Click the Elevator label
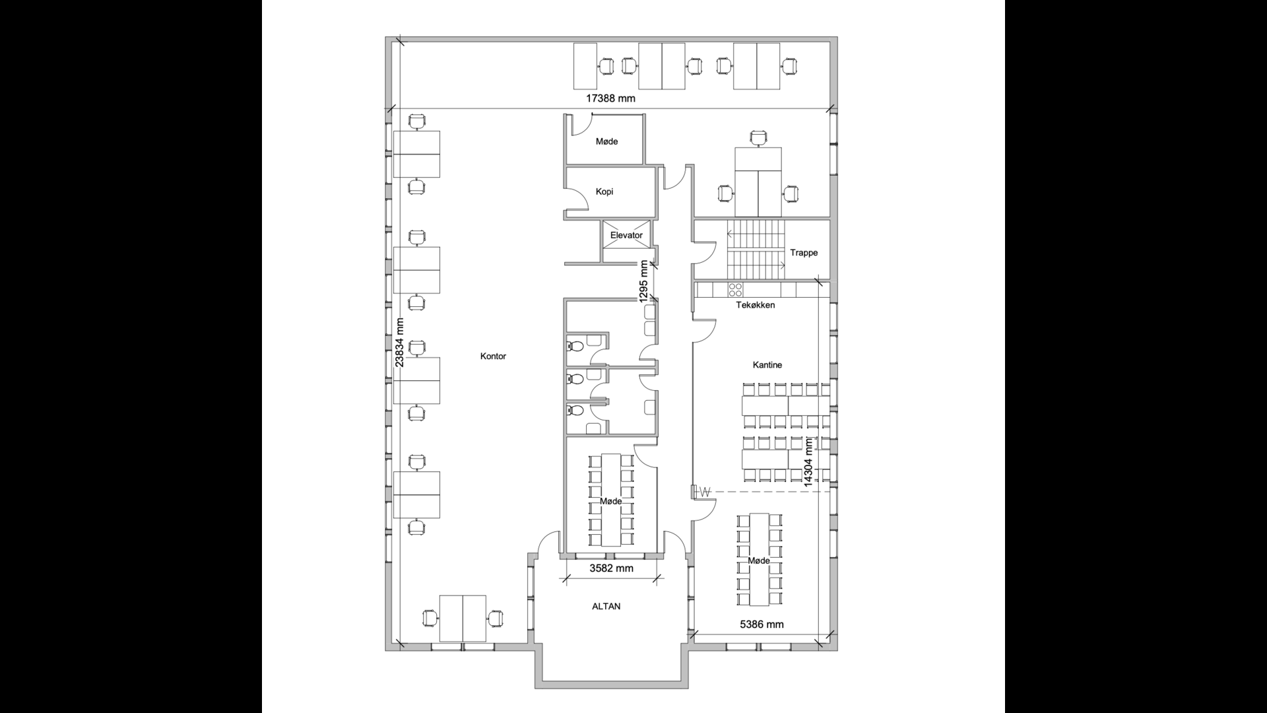[626, 235]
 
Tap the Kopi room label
[604, 191]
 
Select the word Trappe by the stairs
[804, 252]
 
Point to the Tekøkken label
[756, 305]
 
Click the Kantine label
[767, 364]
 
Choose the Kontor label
[494, 356]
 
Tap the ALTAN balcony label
[606, 606]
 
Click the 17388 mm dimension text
[611, 98]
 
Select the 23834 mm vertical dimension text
[399, 343]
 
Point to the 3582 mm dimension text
[611, 568]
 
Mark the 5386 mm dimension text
[762, 624]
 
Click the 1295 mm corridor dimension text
[643, 282]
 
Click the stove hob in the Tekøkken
[736, 289]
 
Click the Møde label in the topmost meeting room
[606, 141]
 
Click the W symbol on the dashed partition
[705, 492]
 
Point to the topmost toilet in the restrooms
[574, 345]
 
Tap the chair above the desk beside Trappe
[759, 138]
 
